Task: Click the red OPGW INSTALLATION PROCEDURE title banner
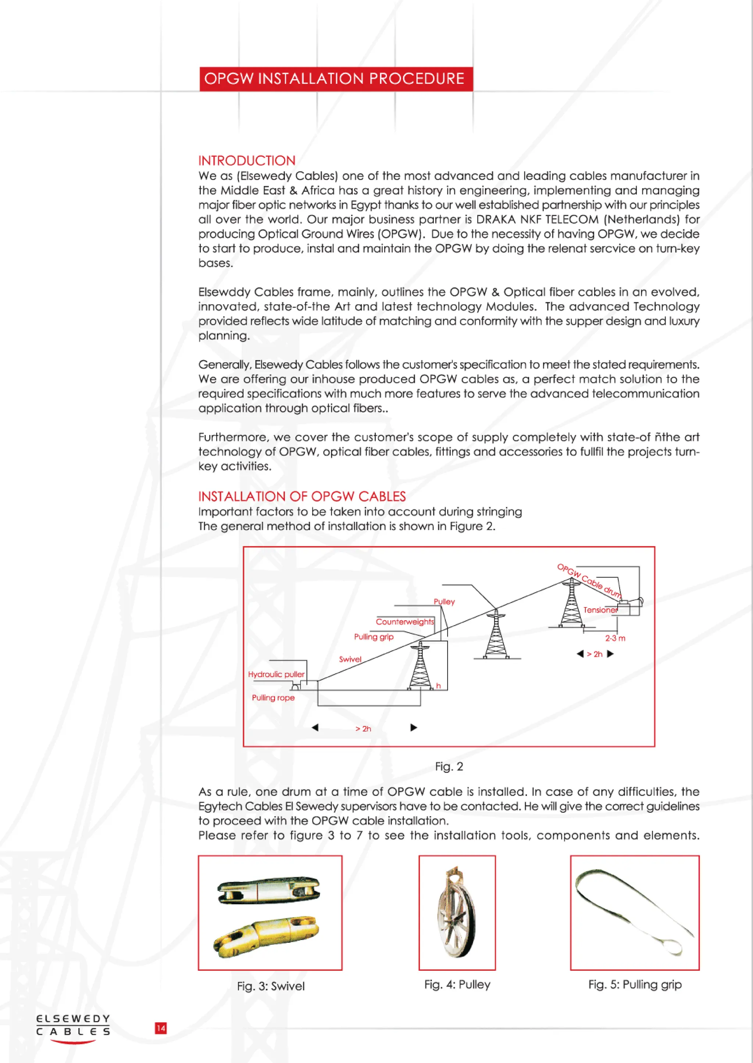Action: (x=336, y=79)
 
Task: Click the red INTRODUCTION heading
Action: (x=247, y=161)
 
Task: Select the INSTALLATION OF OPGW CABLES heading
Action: (x=302, y=496)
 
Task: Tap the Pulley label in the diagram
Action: (x=444, y=601)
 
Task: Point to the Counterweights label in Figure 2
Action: (x=405, y=622)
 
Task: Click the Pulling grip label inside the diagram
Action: (x=374, y=637)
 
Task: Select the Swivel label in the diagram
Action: (x=350, y=659)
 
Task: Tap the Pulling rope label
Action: (x=273, y=697)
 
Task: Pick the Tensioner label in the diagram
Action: (x=600, y=610)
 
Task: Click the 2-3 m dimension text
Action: (x=615, y=638)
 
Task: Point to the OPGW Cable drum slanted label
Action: (x=589, y=580)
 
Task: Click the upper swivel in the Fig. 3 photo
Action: (x=269, y=890)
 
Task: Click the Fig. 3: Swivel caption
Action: (x=271, y=986)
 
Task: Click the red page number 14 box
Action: (x=160, y=1028)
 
